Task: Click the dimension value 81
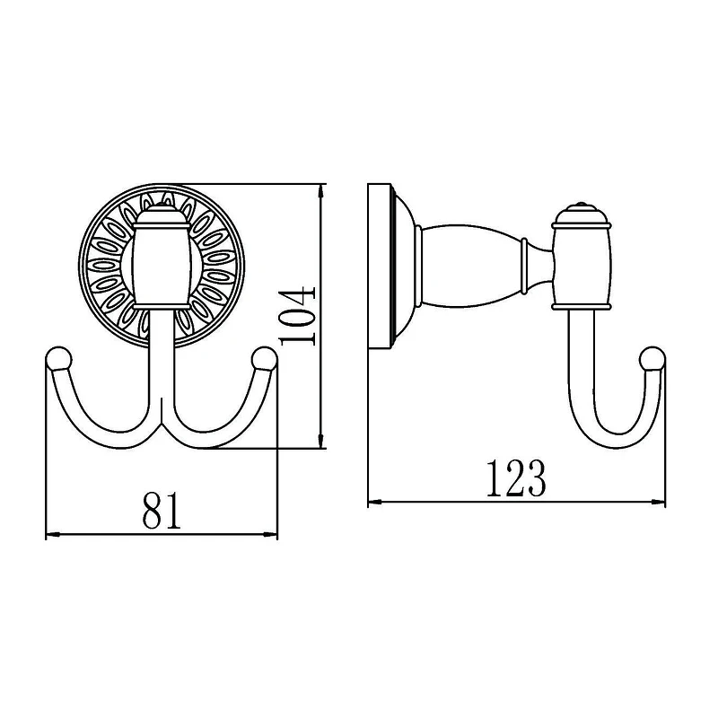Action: [x=162, y=511]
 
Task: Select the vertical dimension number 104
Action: [x=297, y=316]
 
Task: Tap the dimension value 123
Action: [x=515, y=478]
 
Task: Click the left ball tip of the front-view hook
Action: [x=58, y=358]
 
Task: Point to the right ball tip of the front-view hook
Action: [x=264, y=358]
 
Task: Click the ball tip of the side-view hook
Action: [x=652, y=358]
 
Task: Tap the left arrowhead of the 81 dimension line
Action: [x=53, y=534]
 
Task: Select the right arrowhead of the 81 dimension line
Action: [x=271, y=534]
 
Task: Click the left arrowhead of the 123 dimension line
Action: [x=375, y=503]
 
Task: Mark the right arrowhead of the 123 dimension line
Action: [x=658, y=503]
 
